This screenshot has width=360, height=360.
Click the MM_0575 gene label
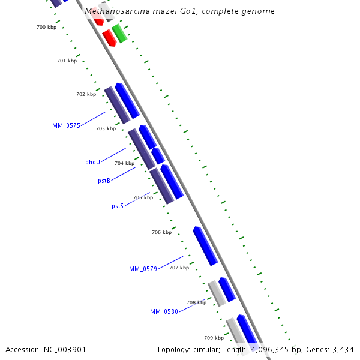[x=66, y=125]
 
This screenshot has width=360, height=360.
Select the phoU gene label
[x=92, y=162]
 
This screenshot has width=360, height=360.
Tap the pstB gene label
[x=104, y=181]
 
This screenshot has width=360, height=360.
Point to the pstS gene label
[x=118, y=206]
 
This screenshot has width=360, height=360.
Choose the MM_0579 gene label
[x=143, y=269]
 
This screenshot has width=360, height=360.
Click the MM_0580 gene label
[x=164, y=311]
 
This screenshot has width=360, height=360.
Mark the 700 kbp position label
[x=46, y=28]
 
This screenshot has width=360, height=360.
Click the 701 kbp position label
[x=67, y=61]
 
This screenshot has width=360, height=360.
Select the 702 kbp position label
[x=86, y=94]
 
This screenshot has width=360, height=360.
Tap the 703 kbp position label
[x=106, y=128]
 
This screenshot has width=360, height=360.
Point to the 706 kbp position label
[x=161, y=232]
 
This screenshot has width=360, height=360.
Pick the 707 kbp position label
[x=179, y=268]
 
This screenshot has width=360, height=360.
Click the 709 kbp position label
[x=214, y=338]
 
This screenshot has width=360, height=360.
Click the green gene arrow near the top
[x=119, y=34]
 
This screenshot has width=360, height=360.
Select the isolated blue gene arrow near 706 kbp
[x=205, y=246]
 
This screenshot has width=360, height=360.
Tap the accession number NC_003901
[x=65, y=349]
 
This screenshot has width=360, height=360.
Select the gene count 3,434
[x=341, y=349]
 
